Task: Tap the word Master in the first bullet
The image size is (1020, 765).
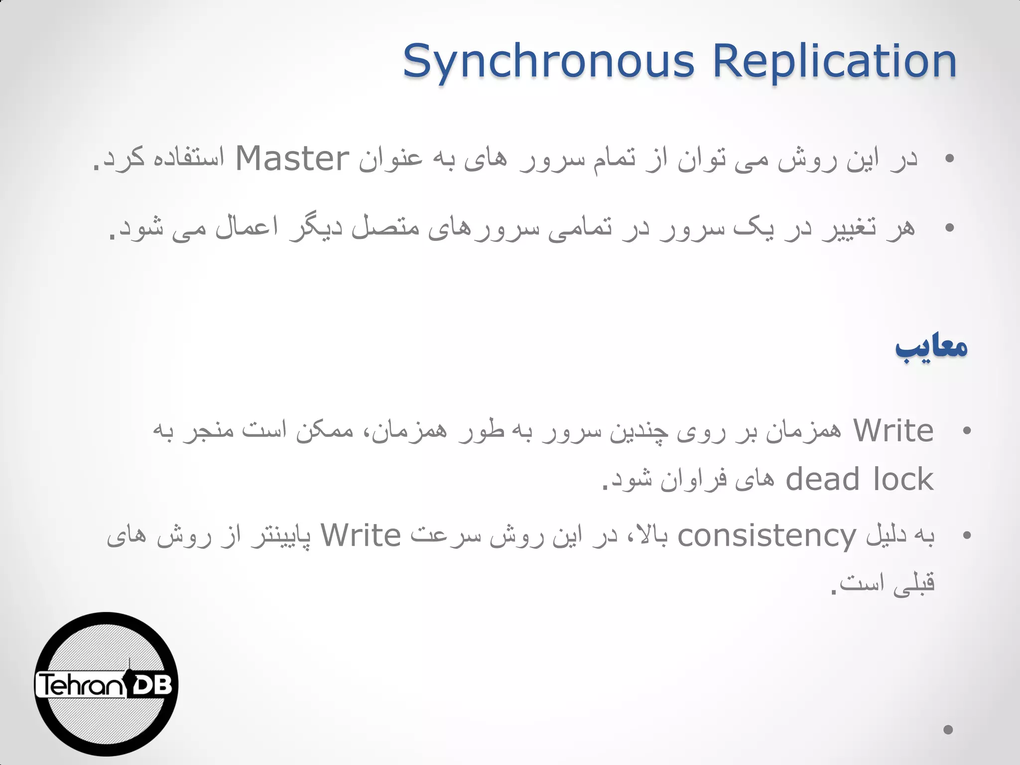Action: click(292, 159)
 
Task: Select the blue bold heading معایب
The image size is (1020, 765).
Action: click(931, 347)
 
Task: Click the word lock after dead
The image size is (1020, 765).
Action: click(903, 480)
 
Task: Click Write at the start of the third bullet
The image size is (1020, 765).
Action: click(893, 431)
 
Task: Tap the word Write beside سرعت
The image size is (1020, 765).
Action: click(361, 536)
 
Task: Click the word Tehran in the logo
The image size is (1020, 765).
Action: click(80, 685)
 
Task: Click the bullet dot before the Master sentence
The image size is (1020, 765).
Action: click(949, 159)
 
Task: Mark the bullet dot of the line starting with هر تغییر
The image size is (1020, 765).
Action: click(949, 228)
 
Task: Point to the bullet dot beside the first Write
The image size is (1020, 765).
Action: click(967, 431)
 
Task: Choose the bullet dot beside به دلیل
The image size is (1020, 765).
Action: click(967, 536)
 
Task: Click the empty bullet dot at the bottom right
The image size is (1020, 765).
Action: click(948, 730)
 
